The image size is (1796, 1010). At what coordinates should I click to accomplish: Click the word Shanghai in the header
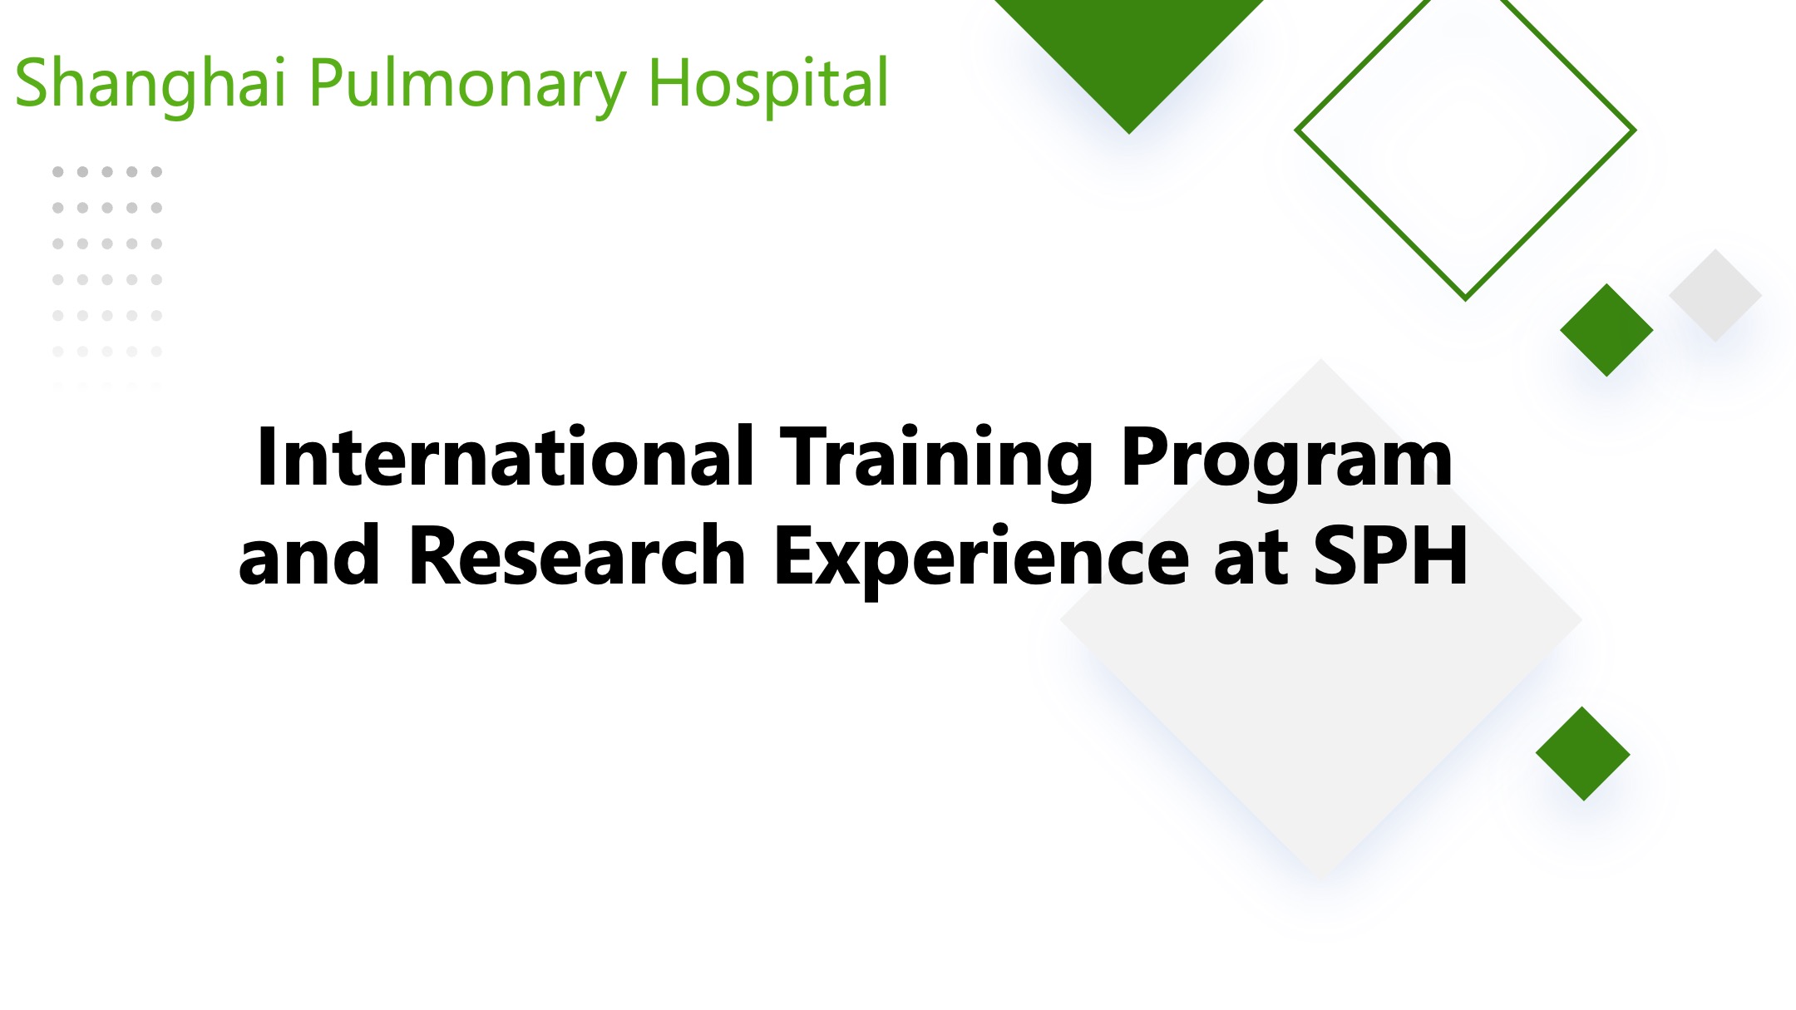coord(150,83)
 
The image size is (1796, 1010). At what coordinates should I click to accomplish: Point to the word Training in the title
coord(937,462)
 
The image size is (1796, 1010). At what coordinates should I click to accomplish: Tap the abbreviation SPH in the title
coord(1390,555)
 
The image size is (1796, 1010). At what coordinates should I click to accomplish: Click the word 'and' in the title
coord(309,555)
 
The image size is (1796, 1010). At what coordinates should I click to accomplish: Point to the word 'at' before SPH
coord(1251,559)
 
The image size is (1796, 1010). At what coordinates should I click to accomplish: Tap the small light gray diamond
coord(1715,295)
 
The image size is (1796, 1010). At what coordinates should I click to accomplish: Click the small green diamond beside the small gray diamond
coord(1606,330)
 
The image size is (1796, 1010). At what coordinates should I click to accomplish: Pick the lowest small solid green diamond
coord(1583,754)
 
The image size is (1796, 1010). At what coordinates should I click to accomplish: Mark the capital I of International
coord(267,456)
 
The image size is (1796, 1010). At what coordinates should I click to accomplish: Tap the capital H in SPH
coord(1441,555)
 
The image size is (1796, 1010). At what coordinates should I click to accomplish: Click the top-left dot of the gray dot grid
coord(58,172)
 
